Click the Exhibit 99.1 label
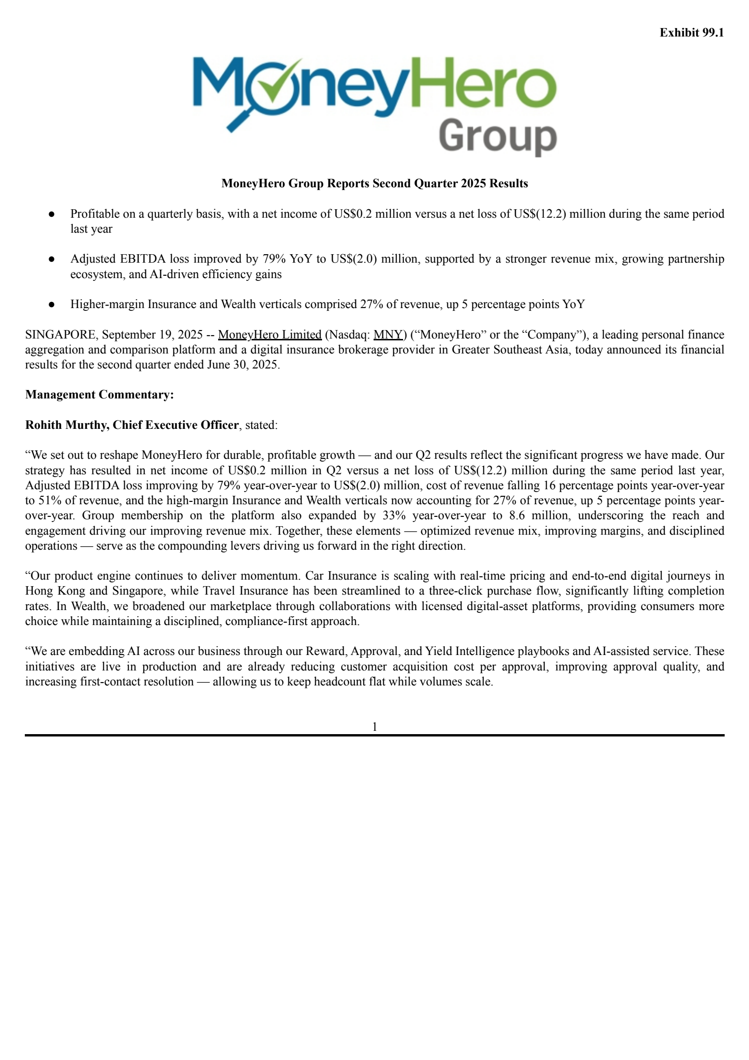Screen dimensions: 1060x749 691,33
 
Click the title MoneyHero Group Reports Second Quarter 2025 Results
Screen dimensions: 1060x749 374,184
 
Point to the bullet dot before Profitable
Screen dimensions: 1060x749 52,214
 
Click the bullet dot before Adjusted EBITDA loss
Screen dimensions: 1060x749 52,259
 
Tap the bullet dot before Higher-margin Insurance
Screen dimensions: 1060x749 52,305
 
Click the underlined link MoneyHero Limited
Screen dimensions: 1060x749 270,335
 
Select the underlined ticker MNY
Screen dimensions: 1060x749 388,335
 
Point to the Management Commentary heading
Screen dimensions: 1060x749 100,395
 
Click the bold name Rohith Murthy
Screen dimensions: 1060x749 67,425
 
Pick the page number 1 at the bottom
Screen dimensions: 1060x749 374,727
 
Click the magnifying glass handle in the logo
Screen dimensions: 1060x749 238,122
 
